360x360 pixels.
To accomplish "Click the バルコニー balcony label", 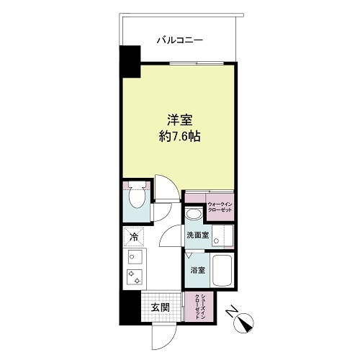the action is [180, 40].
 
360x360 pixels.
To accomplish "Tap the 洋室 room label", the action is [180, 120].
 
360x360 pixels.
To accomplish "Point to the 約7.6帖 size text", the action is [180, 137].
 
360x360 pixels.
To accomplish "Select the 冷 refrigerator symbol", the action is [134, 237].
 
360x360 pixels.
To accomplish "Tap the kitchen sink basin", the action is [135, 256].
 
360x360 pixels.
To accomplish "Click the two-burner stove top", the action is [135, 277].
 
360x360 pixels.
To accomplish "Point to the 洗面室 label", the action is [198, 235].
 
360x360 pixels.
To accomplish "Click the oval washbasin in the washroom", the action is [194, 214].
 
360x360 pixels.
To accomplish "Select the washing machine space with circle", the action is [222, 236].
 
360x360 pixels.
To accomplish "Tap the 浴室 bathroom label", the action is [198, 271].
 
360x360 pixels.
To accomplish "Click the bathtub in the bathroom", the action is [222, 271].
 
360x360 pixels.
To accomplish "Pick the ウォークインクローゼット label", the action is [220, 207].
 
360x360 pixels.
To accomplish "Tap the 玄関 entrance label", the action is [161, 307].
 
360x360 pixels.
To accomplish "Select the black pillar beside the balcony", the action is [130, 62].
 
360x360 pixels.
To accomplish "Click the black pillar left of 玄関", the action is [130, 308].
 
